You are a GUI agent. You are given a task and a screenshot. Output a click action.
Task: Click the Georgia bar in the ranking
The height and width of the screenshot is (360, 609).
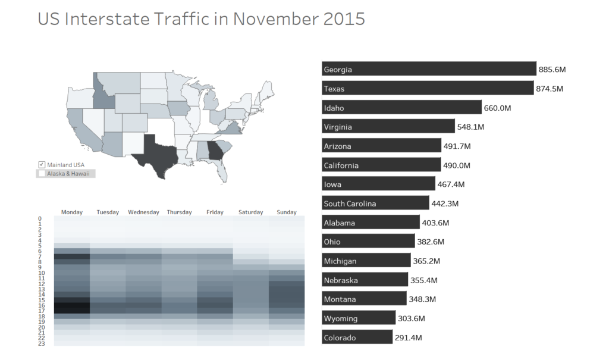pyautogui.click(x=428, y=69)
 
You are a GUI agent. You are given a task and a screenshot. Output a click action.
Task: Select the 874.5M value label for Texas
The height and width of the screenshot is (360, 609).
pyautogui.click(x=549, y=89)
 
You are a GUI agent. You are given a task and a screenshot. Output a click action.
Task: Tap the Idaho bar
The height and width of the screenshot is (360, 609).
pyautogui.click(x=401, y=108)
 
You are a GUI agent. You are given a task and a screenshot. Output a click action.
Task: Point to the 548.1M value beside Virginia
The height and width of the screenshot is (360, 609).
pyautogui.click(x=470, y=127)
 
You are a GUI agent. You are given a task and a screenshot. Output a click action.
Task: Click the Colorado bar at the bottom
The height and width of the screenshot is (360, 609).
pyautogui.click(x=357, y=337)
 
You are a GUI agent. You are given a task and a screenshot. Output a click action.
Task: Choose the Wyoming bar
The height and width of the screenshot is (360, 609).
pyautogui.click(x=358, y=318)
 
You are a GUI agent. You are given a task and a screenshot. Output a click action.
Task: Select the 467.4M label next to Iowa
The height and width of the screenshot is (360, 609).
pyautogui.click(x=451, y=184)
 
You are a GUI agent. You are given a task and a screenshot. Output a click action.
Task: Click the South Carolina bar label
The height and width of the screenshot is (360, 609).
pyautogui.click(x=350, y=204)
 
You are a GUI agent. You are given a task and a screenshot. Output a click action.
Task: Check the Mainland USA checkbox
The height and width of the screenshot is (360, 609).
pyautogui.click(x=42, y=164)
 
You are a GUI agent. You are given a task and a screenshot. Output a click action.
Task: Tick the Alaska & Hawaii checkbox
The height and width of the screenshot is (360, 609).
pyautogui.click(x=42, y=174)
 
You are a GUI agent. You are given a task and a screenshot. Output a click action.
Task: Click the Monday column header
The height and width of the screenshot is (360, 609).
pyautogui.click(x=71, y=212)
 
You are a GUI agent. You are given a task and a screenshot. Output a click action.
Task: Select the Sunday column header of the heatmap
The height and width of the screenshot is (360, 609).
pyautogui.click(x=287, y=212)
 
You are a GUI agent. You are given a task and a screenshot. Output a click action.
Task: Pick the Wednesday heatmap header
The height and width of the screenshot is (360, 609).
pyautogui.click(x=143, y=212)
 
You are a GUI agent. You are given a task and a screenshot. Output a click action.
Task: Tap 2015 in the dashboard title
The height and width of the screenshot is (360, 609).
pyautogui.click(x=344, y=19)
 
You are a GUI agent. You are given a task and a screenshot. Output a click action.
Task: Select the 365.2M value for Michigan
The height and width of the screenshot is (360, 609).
pyautogui.click(x=427, y=261)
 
